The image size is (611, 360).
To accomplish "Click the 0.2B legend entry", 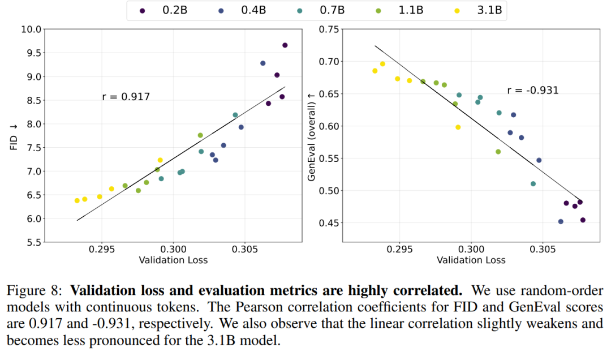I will point(163,11).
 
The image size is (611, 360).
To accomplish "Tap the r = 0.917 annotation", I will point(126,97).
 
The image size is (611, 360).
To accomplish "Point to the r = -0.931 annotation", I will point(532,90).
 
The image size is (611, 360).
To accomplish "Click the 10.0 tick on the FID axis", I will point(31,29).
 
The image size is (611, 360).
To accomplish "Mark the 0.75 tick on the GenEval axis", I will point(330,29).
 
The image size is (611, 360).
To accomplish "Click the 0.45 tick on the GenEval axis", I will point(330,223).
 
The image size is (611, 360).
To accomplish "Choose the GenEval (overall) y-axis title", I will point(312,136).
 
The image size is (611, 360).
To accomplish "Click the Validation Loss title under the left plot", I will point(173,260).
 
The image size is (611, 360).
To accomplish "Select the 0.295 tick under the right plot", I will point(400,250).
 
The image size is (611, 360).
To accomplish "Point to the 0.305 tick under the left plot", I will point(244,250).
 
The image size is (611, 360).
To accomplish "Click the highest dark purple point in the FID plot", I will point(285,45).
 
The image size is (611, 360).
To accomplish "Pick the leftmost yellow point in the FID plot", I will point(77,200).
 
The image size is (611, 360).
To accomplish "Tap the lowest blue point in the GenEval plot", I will point(561,221).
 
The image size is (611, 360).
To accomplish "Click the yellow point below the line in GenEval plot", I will point(458,127).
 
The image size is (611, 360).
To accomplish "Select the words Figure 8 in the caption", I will point(32,290).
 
